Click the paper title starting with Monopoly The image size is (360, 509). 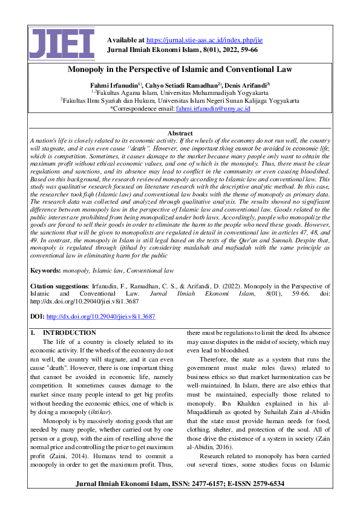[x=180, y=70]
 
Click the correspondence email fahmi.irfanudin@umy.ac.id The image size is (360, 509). [x=213, y=109]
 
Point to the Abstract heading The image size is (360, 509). [x=180, y=133]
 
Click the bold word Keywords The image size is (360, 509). [x=45, y=271]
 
